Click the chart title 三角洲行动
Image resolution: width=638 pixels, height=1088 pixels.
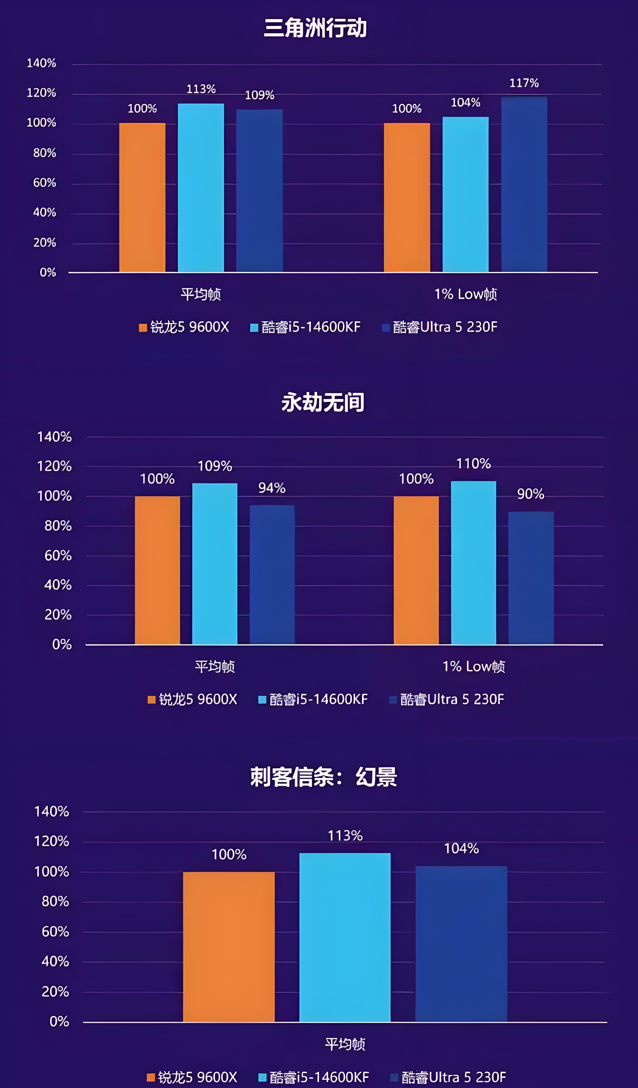coord(315,28)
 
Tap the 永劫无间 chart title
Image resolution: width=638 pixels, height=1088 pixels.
coord(323,402)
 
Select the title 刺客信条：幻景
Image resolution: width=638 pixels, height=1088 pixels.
coord(324,777)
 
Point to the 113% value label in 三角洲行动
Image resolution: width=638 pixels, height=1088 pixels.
coord(201,89)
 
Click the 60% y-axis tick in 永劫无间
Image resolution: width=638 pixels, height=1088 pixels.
coord(58,556)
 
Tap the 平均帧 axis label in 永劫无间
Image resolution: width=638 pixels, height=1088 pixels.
coord(215,667)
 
